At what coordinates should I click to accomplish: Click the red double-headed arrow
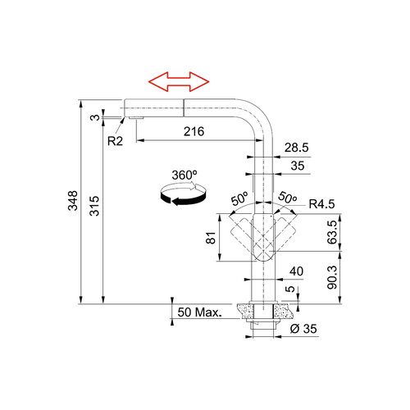pyautogui.click(x=179, y=82)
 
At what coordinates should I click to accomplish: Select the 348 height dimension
pyautogui.click(x=73, y=201)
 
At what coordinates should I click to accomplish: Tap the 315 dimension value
pyautogui.click(x=94, y=206)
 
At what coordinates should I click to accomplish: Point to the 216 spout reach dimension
pyautogui.click(x=194, y=131)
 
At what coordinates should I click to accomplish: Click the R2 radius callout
pyautogui.click(x=115, y=141)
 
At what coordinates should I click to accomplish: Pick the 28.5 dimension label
pyautogui.click(x=296, y=148)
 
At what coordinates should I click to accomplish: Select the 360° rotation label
pyautogui.click(x=184, y=175)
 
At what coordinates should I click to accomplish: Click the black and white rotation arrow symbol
pyautogui.click(x=183, y=194)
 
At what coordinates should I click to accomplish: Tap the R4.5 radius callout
pyautogui.click(x=321, y=204)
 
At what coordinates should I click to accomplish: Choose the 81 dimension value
pyautogui.click(x=212, y=238)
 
